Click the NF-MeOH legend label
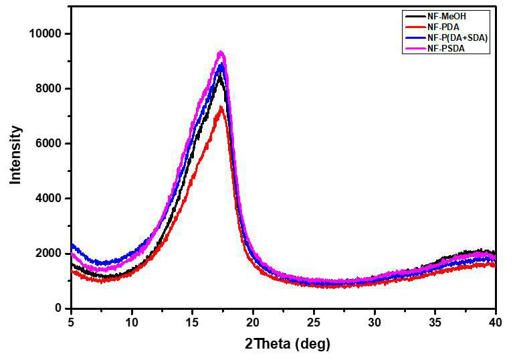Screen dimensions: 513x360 [x=447, y=16]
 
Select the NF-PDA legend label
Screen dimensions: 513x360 [x=443, y=27]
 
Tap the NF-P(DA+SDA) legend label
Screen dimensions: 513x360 [x=457, y=38]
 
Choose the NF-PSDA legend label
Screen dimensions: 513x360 [x=446, y=49]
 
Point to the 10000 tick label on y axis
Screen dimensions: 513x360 [x=45, y=33]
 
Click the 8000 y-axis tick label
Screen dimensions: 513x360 [x=48, y=88]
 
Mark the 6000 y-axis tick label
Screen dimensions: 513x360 [x=48, y=143]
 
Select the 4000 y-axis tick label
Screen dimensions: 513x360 [x=48, y=198]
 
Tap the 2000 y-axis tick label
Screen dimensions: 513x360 [x=48, y=253]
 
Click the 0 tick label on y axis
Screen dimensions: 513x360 [x=58, y=308]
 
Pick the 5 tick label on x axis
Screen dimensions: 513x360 [x=72, y=323]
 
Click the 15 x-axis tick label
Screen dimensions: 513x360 [x=193, y=323]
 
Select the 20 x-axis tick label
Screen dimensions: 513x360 [x=253, y=323]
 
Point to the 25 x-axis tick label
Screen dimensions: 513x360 [x=314, y=323]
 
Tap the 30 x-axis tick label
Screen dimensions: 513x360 [x=375, y=323]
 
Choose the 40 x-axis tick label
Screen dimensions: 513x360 [x=496, y=323]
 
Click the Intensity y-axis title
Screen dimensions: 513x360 [x=15, y=155]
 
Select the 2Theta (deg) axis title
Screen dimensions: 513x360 [x=288, y=345]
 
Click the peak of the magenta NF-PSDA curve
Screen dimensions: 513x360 [x=221, y=52]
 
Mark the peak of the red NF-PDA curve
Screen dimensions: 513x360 [x=221, y=107]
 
